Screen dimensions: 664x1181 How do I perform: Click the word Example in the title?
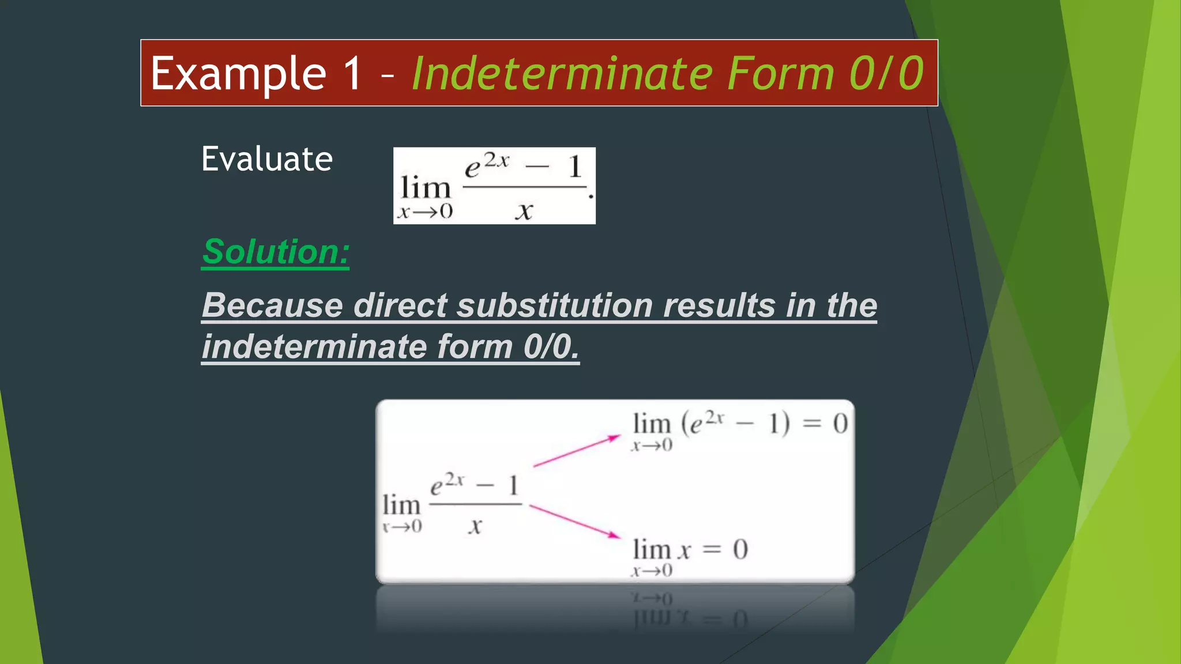pyautogui.click(x=238, y=74)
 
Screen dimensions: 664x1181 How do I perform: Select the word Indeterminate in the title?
pyautogui.click(x=565, y=74)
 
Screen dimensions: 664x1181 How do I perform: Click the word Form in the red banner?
pyautogui.click(x=780, y=74)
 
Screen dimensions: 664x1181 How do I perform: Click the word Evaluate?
pyautogui.click(x=267, y=159)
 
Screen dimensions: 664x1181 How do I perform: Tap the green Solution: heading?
pyautogui.click(x=276, y=252)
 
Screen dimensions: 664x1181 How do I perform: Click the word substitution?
pyautogui.click(x=554, y=305)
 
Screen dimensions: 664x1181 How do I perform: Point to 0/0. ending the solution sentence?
pyautogui.click(x=551, y=347)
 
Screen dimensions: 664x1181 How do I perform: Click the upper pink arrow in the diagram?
pyautogui.click(x=577, y=451)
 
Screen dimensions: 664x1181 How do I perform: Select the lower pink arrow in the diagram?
pyautogui.click(x=575, y=521)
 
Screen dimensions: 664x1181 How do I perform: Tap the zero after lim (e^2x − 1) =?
pyautogui.click(x=840, y=424)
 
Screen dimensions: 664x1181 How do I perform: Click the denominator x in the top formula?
pyautogui.click(x=524, y=211)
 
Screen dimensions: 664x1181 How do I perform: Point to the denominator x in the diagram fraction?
pyautogui.click(x=475, y=526)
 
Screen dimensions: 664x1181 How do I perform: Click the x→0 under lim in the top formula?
pyautogui.click(x=426, y=212)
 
